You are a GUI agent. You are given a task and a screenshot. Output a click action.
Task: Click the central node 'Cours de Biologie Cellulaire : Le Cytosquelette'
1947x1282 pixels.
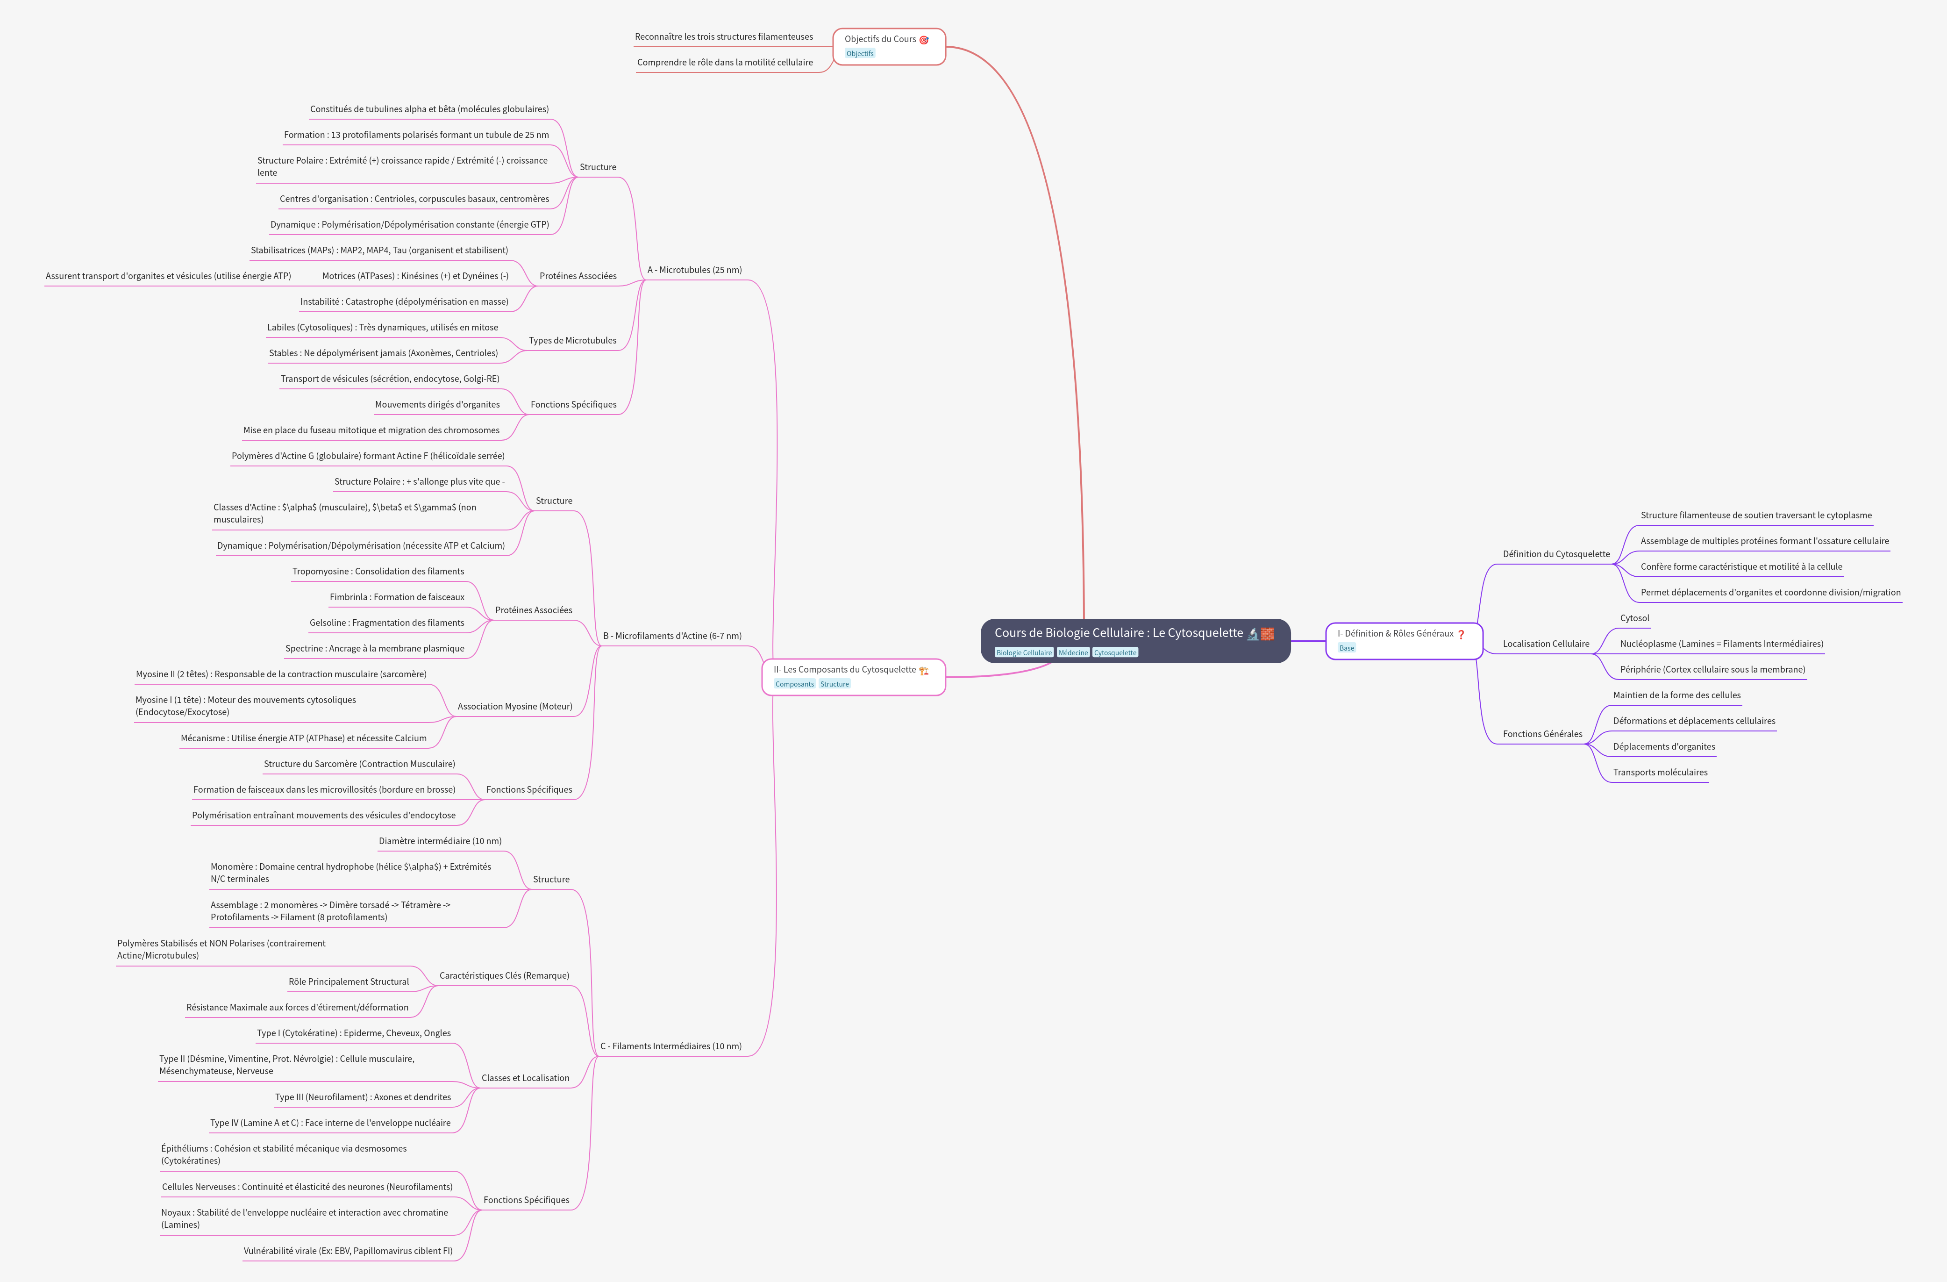pyautogui.click(x=1118, y=633)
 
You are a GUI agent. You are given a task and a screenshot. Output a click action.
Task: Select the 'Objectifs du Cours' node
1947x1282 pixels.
pyautogui.click(x=880, y=39)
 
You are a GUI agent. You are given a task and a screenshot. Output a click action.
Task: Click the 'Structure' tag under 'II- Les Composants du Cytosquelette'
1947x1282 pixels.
pyautogui.click(x=834, y=684)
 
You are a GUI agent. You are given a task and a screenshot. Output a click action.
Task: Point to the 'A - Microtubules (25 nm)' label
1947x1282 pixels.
pyautogui.click(x=694, y=270)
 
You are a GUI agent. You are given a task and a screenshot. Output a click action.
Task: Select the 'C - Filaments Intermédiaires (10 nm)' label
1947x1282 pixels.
pyautogui.click(x=671, y=1046)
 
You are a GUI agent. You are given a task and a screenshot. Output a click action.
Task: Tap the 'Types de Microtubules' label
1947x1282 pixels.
pyautogui.click(x=573, y=340)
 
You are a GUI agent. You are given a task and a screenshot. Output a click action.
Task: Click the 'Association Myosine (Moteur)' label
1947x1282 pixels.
pyautogui.click(x=514, y=706)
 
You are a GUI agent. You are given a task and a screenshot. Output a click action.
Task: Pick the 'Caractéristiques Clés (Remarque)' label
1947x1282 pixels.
pyautogui.click(x=504, y=975)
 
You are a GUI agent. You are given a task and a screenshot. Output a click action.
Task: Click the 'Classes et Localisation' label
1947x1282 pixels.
pyautogui.click(x=525, y=1077)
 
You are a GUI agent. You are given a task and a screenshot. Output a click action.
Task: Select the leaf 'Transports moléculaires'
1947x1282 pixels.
pyautogui.click(x=1660, y=772)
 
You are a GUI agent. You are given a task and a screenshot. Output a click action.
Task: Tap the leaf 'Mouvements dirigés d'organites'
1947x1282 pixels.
pyautogui.click(x=437, y=404)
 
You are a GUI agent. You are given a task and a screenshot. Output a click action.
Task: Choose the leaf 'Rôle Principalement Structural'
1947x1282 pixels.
pyautogui.click(x=349, y=982)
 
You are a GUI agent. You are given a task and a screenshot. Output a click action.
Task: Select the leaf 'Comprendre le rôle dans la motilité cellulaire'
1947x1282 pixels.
pyautogui.click(x=725, y=62)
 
